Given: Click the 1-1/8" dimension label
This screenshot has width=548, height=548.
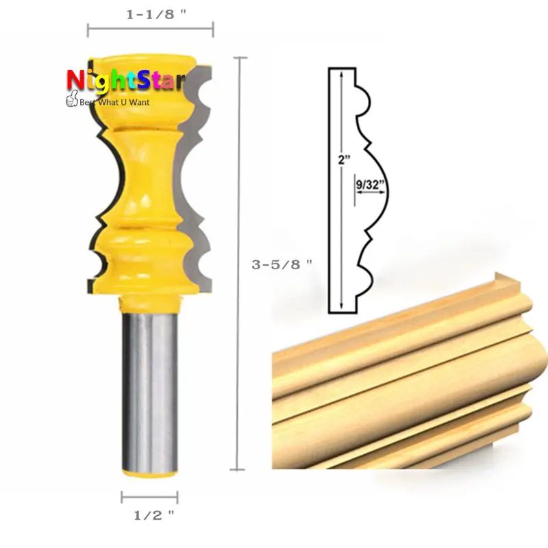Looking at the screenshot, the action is click(156, 14).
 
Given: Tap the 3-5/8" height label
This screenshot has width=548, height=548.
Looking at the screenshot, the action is click(282, 264).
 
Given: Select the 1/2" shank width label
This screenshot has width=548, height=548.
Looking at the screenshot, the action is click(153, 515).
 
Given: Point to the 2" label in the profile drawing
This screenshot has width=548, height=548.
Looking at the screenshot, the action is click(344, 160).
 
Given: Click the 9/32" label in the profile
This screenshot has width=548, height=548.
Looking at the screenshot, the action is click(370, 184).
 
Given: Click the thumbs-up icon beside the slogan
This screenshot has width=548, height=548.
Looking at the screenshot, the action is click(72, 99).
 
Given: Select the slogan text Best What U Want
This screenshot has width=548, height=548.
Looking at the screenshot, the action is click(114, 102).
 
